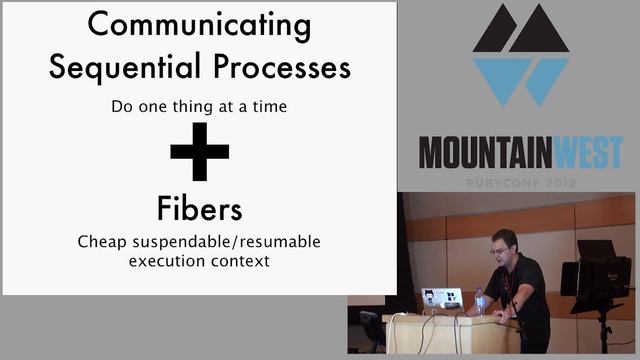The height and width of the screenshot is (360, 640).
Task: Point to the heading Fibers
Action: coord(200,209)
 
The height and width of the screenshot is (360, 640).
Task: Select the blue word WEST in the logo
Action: coord(583,152)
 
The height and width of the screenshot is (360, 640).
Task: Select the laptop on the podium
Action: coord(441,299)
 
